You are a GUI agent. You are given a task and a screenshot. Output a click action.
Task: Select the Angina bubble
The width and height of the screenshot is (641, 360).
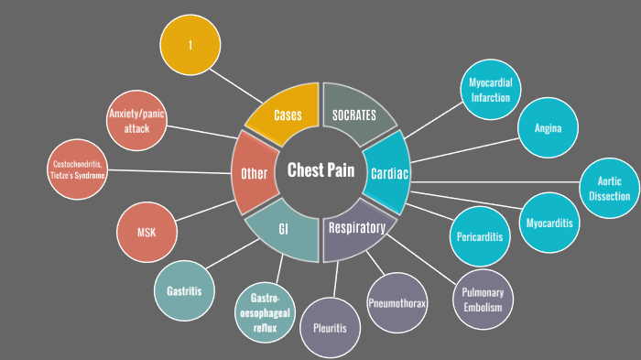[x=548, y=128]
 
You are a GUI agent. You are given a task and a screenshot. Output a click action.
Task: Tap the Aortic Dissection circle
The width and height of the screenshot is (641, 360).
[x=612, y=188]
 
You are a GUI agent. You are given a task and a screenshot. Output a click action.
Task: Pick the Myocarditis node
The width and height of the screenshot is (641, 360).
[x=549, y=223]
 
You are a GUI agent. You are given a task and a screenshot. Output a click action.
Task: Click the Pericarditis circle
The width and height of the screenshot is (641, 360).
[x=480, y=236]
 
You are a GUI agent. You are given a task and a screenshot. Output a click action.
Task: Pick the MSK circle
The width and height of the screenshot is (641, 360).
[x=147, y=233]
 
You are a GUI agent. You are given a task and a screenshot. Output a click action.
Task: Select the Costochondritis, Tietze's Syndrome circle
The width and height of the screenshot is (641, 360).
[x=79, y=169]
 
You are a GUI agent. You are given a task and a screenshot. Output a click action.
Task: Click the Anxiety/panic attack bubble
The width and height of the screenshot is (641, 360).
[x=136, y=120]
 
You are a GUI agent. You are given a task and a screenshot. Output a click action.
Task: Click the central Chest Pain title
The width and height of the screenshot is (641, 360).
[x=320, y=170]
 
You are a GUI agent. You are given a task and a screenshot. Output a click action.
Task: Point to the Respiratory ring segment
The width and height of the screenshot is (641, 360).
[x=357, y=229]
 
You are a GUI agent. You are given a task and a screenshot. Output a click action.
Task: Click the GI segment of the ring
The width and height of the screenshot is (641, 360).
[x=284, y=230]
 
